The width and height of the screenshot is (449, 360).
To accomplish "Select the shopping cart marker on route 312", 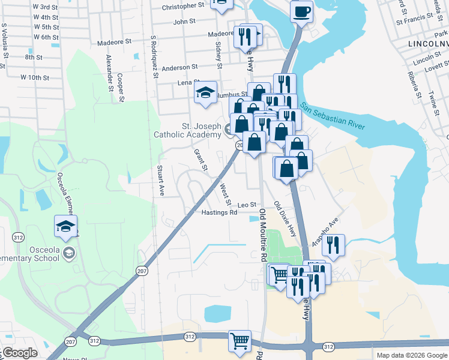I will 240,340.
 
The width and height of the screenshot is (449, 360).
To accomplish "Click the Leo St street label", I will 247,205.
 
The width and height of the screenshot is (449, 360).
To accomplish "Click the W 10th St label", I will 35,77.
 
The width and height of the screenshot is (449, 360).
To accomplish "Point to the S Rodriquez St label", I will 154,56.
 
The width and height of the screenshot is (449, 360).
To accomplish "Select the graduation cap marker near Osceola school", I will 65,226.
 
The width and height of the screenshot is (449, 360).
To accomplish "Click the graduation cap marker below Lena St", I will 206,92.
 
